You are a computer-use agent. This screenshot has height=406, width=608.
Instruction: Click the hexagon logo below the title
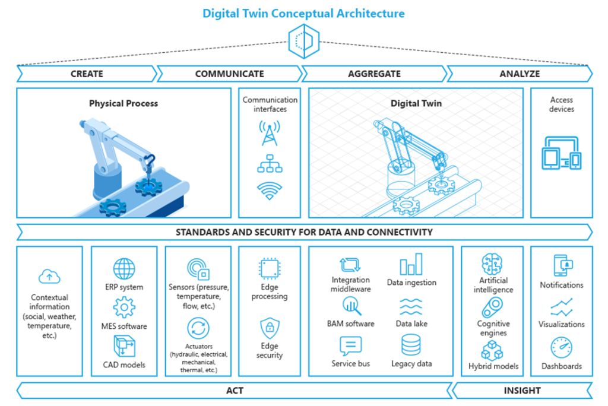coord(304,41)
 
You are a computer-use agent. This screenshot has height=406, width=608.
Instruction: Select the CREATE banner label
coord(87,74)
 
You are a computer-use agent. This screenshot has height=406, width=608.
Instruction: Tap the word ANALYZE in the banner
coord(520,74)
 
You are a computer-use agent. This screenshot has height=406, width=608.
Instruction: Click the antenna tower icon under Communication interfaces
coord(270,132)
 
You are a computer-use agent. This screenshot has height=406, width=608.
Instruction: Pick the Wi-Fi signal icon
coord(270,191)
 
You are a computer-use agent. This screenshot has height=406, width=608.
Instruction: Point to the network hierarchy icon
coord(270,163)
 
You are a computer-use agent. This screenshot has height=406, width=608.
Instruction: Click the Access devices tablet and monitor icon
coord(562,153)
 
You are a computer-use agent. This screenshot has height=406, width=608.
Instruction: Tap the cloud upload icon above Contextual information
coord(49,277)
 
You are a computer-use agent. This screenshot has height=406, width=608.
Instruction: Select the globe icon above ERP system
coord(124,268)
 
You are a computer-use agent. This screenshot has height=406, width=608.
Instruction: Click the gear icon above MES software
coord(124,307)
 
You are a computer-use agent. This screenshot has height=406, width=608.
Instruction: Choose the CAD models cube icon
coord(124,346)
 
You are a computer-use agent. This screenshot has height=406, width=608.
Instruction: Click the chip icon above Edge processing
coord(270,268)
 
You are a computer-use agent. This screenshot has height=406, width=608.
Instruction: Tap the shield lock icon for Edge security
coord(270,328)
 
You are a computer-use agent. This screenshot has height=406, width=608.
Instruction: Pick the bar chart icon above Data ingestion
coord(411,264)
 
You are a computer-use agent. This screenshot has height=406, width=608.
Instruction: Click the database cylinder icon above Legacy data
coord(411,345)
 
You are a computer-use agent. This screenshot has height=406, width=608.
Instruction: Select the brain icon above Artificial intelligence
coord(492,264)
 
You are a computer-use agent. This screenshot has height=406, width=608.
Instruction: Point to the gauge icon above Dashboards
coord(562,347)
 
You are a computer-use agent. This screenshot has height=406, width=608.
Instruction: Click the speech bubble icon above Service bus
coord(350,345)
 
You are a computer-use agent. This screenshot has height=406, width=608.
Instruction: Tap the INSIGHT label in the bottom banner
coord(522,391)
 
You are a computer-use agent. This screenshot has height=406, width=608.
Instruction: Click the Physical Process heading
coord(123,103)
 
